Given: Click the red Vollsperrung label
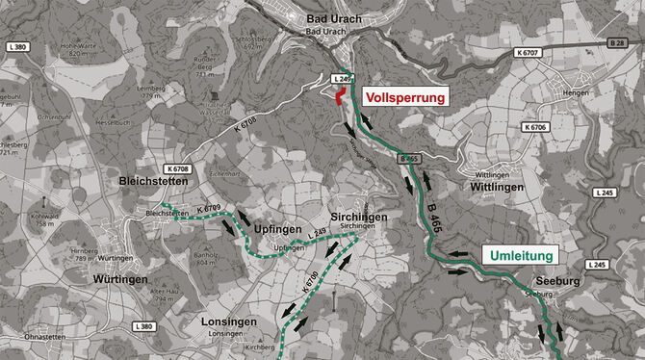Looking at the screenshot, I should pos(404,97).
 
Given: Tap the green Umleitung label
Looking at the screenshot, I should pos(522,256).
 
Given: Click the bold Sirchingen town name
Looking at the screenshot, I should pos(358,218).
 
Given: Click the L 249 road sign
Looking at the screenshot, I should pos(343,78).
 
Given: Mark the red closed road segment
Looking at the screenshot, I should pos(340,95).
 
